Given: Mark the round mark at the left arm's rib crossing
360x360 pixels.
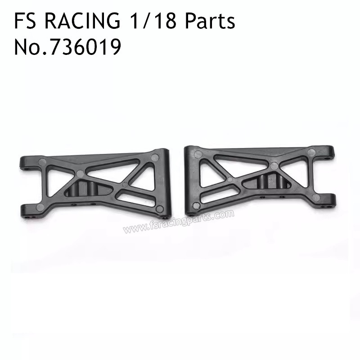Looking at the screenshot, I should click(x=80, y=173).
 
